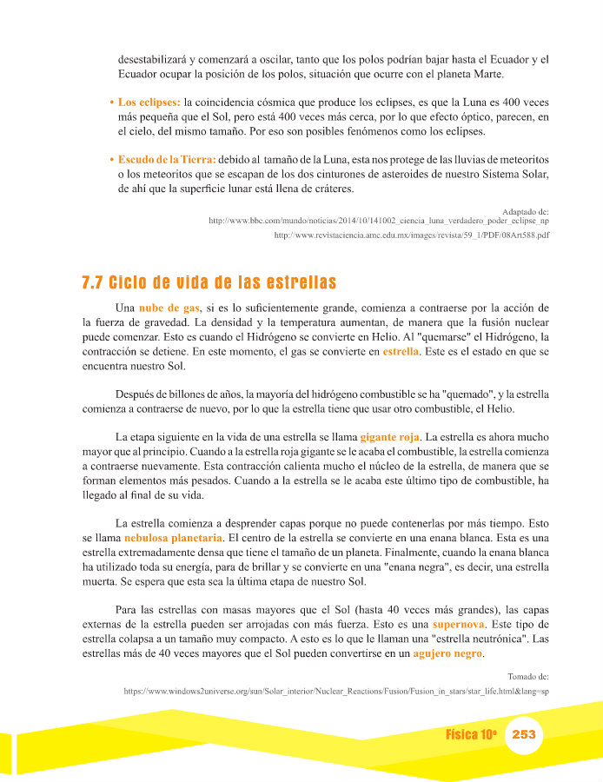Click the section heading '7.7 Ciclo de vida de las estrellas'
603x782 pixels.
tap(209, 283)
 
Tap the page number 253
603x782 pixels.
tap(524, 734)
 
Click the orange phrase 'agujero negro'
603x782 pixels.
tap(447, 653)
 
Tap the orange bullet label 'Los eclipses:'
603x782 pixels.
tap(149, 103)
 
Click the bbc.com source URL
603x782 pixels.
tap(379, 221)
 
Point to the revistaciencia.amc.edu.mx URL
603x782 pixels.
tap(412, 235)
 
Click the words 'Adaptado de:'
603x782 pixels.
tap(526, 210)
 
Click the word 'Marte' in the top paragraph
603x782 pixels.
tap(533, 75)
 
